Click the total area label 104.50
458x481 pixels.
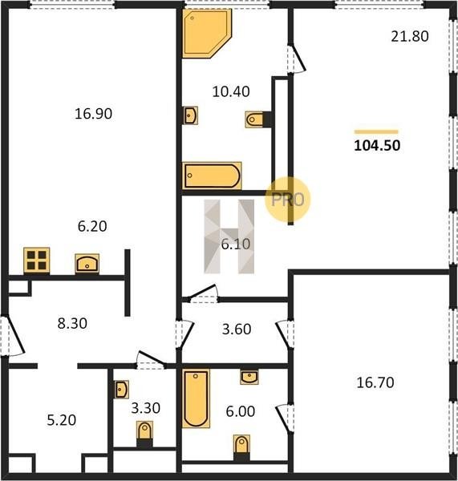coord(377,145)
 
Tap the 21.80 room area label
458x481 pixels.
coord(410,36)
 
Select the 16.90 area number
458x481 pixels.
coord(93,114)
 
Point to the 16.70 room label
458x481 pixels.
coord(375,382)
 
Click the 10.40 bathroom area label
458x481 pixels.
coord(231,91)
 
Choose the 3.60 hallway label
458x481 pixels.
coord(237,329)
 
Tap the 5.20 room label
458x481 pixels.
coord(62,420)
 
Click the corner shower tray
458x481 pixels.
coord(206,33)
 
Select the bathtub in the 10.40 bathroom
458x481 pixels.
coord(212,176)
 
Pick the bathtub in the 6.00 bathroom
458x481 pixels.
coord(197,398)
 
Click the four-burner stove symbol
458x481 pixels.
coord(37,261)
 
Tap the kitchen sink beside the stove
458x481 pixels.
coord(87,264)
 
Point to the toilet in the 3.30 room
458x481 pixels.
coord(144,434)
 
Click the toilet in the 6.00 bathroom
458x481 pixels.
coord(241,447)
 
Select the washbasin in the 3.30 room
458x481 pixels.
coord(122,390)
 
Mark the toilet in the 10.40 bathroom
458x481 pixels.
coord(257,119)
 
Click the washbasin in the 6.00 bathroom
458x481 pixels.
coord(249,378)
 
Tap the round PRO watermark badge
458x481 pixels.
coord(288,200)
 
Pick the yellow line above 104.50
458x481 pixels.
coord(376,132)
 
